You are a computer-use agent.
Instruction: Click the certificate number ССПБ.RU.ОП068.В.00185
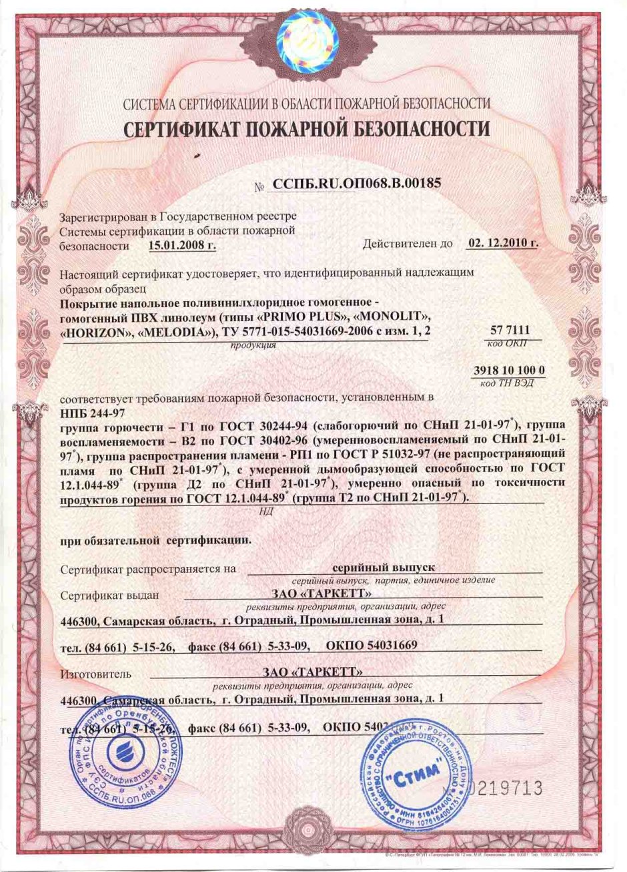point(354,183)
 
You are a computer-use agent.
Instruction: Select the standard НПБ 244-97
point(87,411)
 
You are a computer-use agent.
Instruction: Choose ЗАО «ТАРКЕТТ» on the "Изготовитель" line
point(312,671)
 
